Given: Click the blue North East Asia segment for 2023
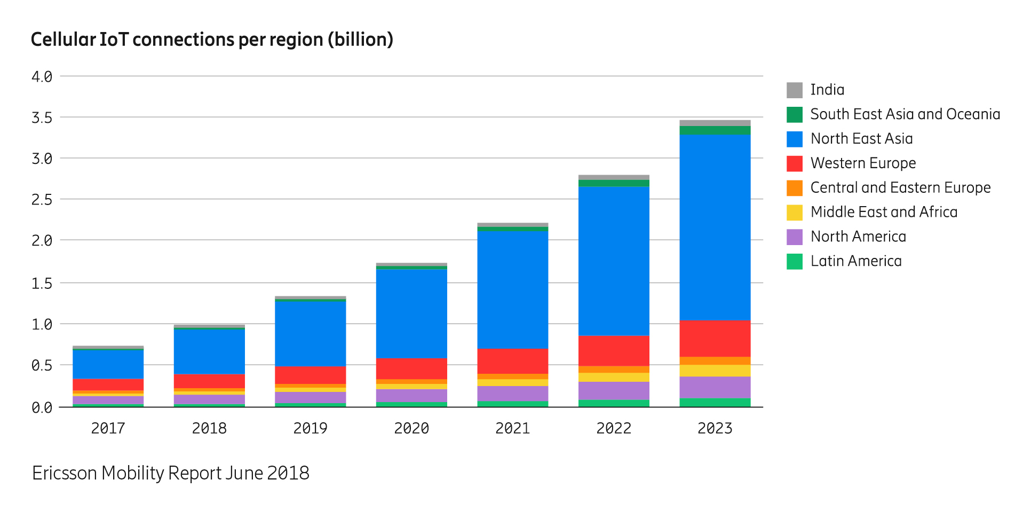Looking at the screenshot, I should (x=715, y=227).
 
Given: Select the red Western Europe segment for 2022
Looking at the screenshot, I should (x=614, y=351).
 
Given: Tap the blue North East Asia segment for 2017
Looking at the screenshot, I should (x=108, y=364).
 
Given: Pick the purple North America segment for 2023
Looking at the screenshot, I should (x=715, y=387).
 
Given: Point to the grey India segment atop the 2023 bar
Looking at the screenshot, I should (x=715, y=123).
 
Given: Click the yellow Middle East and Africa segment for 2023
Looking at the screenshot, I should (x=715, y=371).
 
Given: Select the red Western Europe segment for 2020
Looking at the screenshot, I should (x=411, y=369).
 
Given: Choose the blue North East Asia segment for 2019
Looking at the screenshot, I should (x=310, y=334).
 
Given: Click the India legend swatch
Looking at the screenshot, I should (x=794, y=90).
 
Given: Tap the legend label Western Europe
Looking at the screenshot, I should (x=863, y=163).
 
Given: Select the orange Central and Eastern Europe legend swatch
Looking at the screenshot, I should (x=794, y=188).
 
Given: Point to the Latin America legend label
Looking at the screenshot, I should (x=856, y=261).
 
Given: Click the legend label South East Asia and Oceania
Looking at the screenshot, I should (x=905, y=114).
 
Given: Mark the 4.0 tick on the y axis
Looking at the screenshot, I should (x=42, y=77).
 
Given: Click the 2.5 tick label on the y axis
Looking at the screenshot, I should (x=42, y=200).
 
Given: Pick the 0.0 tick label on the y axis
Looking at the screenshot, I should (x=42, y=408).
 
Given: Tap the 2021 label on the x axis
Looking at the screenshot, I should (x=512, y=428).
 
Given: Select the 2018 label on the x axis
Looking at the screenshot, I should (x=209, y=428).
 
